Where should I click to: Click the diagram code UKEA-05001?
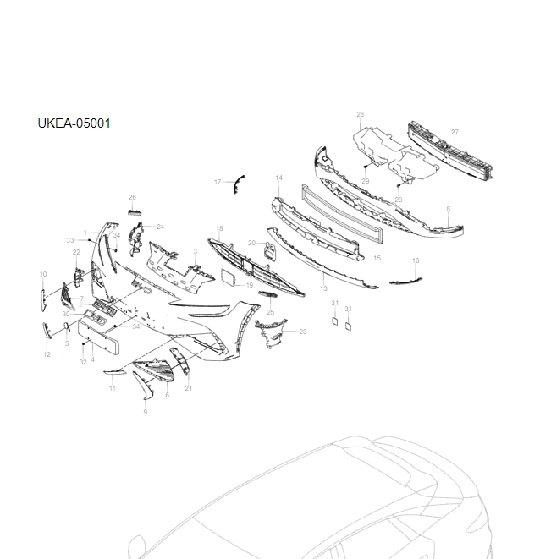(x=74, y=123)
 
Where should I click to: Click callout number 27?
(x=455, y=132)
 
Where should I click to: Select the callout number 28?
(x=360, y=114)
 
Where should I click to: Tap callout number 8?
(x=448, y=209)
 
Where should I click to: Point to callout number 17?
(x=218, y=182)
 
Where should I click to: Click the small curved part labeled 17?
(x=239, y=182)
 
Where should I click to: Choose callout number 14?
(x=278, y=178)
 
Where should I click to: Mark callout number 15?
(x=377, y=257)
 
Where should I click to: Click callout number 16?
(x=416, y=260)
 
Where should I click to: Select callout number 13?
(x=323, y=288)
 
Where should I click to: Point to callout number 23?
(x=303, y=332)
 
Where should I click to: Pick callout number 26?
(x=132, y=197)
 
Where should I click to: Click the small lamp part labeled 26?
(x=134, y=211)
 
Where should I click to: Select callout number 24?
(x=160, y=227)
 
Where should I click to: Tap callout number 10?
(x=43, y=274)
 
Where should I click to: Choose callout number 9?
(x=145, y=412)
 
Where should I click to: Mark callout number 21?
(x=189, y=388)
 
